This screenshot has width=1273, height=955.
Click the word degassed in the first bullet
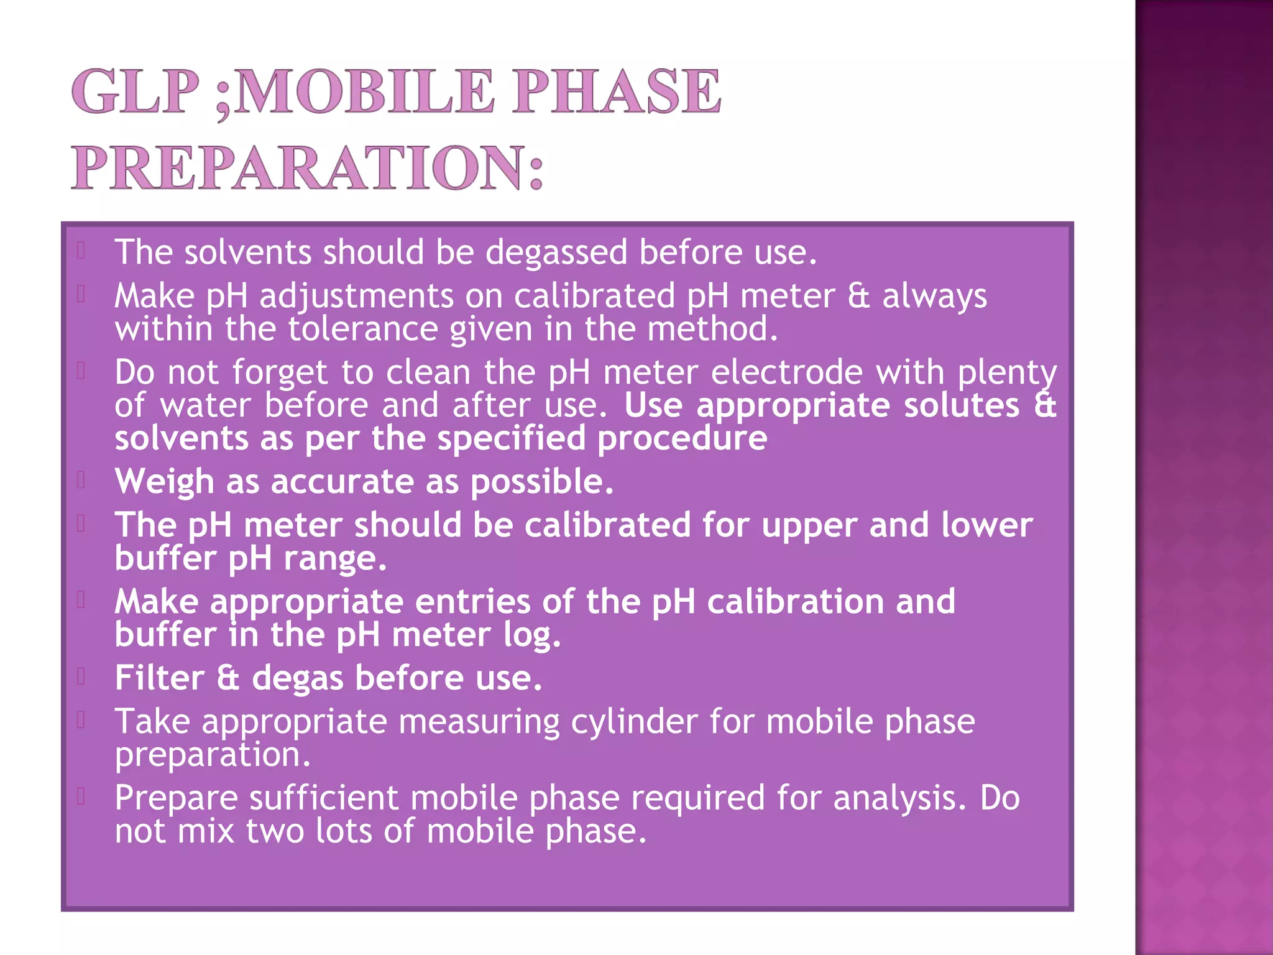[x=556, y=252]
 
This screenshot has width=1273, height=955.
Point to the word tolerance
[x=363, y=329]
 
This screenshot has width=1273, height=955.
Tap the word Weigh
[x=165, y=482]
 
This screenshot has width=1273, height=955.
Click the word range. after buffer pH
[x=335, y=558]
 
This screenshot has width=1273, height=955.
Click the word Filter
[x=160, y=678]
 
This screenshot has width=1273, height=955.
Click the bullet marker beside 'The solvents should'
[x=81, y=251]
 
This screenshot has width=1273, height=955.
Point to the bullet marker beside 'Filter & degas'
[x=81, y=676]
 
